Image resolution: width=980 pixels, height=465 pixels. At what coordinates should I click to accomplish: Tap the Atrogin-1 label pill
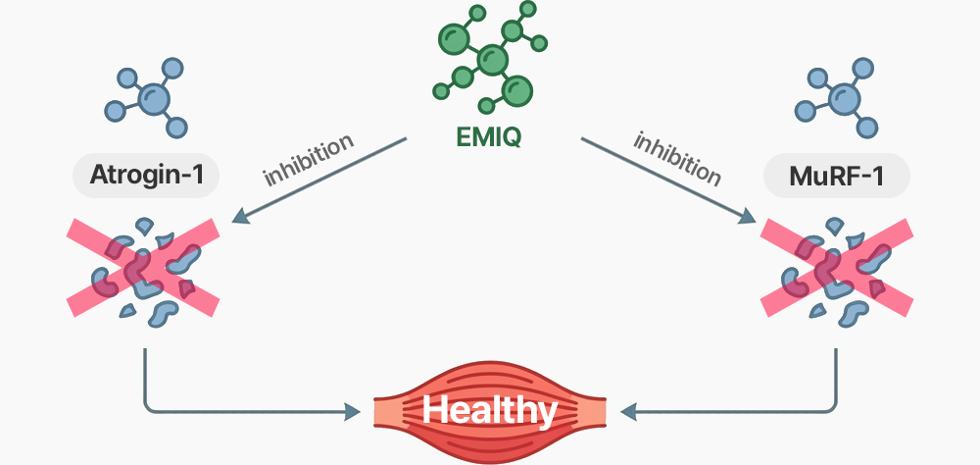(146, 178)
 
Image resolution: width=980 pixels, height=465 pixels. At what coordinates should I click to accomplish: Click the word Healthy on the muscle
(490, 409)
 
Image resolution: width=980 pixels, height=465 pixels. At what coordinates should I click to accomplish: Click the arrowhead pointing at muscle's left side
(350, 411)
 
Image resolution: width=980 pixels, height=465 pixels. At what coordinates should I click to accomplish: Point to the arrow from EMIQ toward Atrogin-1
(323, 181)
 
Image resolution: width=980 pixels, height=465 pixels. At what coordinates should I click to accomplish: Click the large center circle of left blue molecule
(152, 98)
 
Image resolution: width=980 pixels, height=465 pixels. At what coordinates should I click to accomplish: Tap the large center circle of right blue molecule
(841, 98)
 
